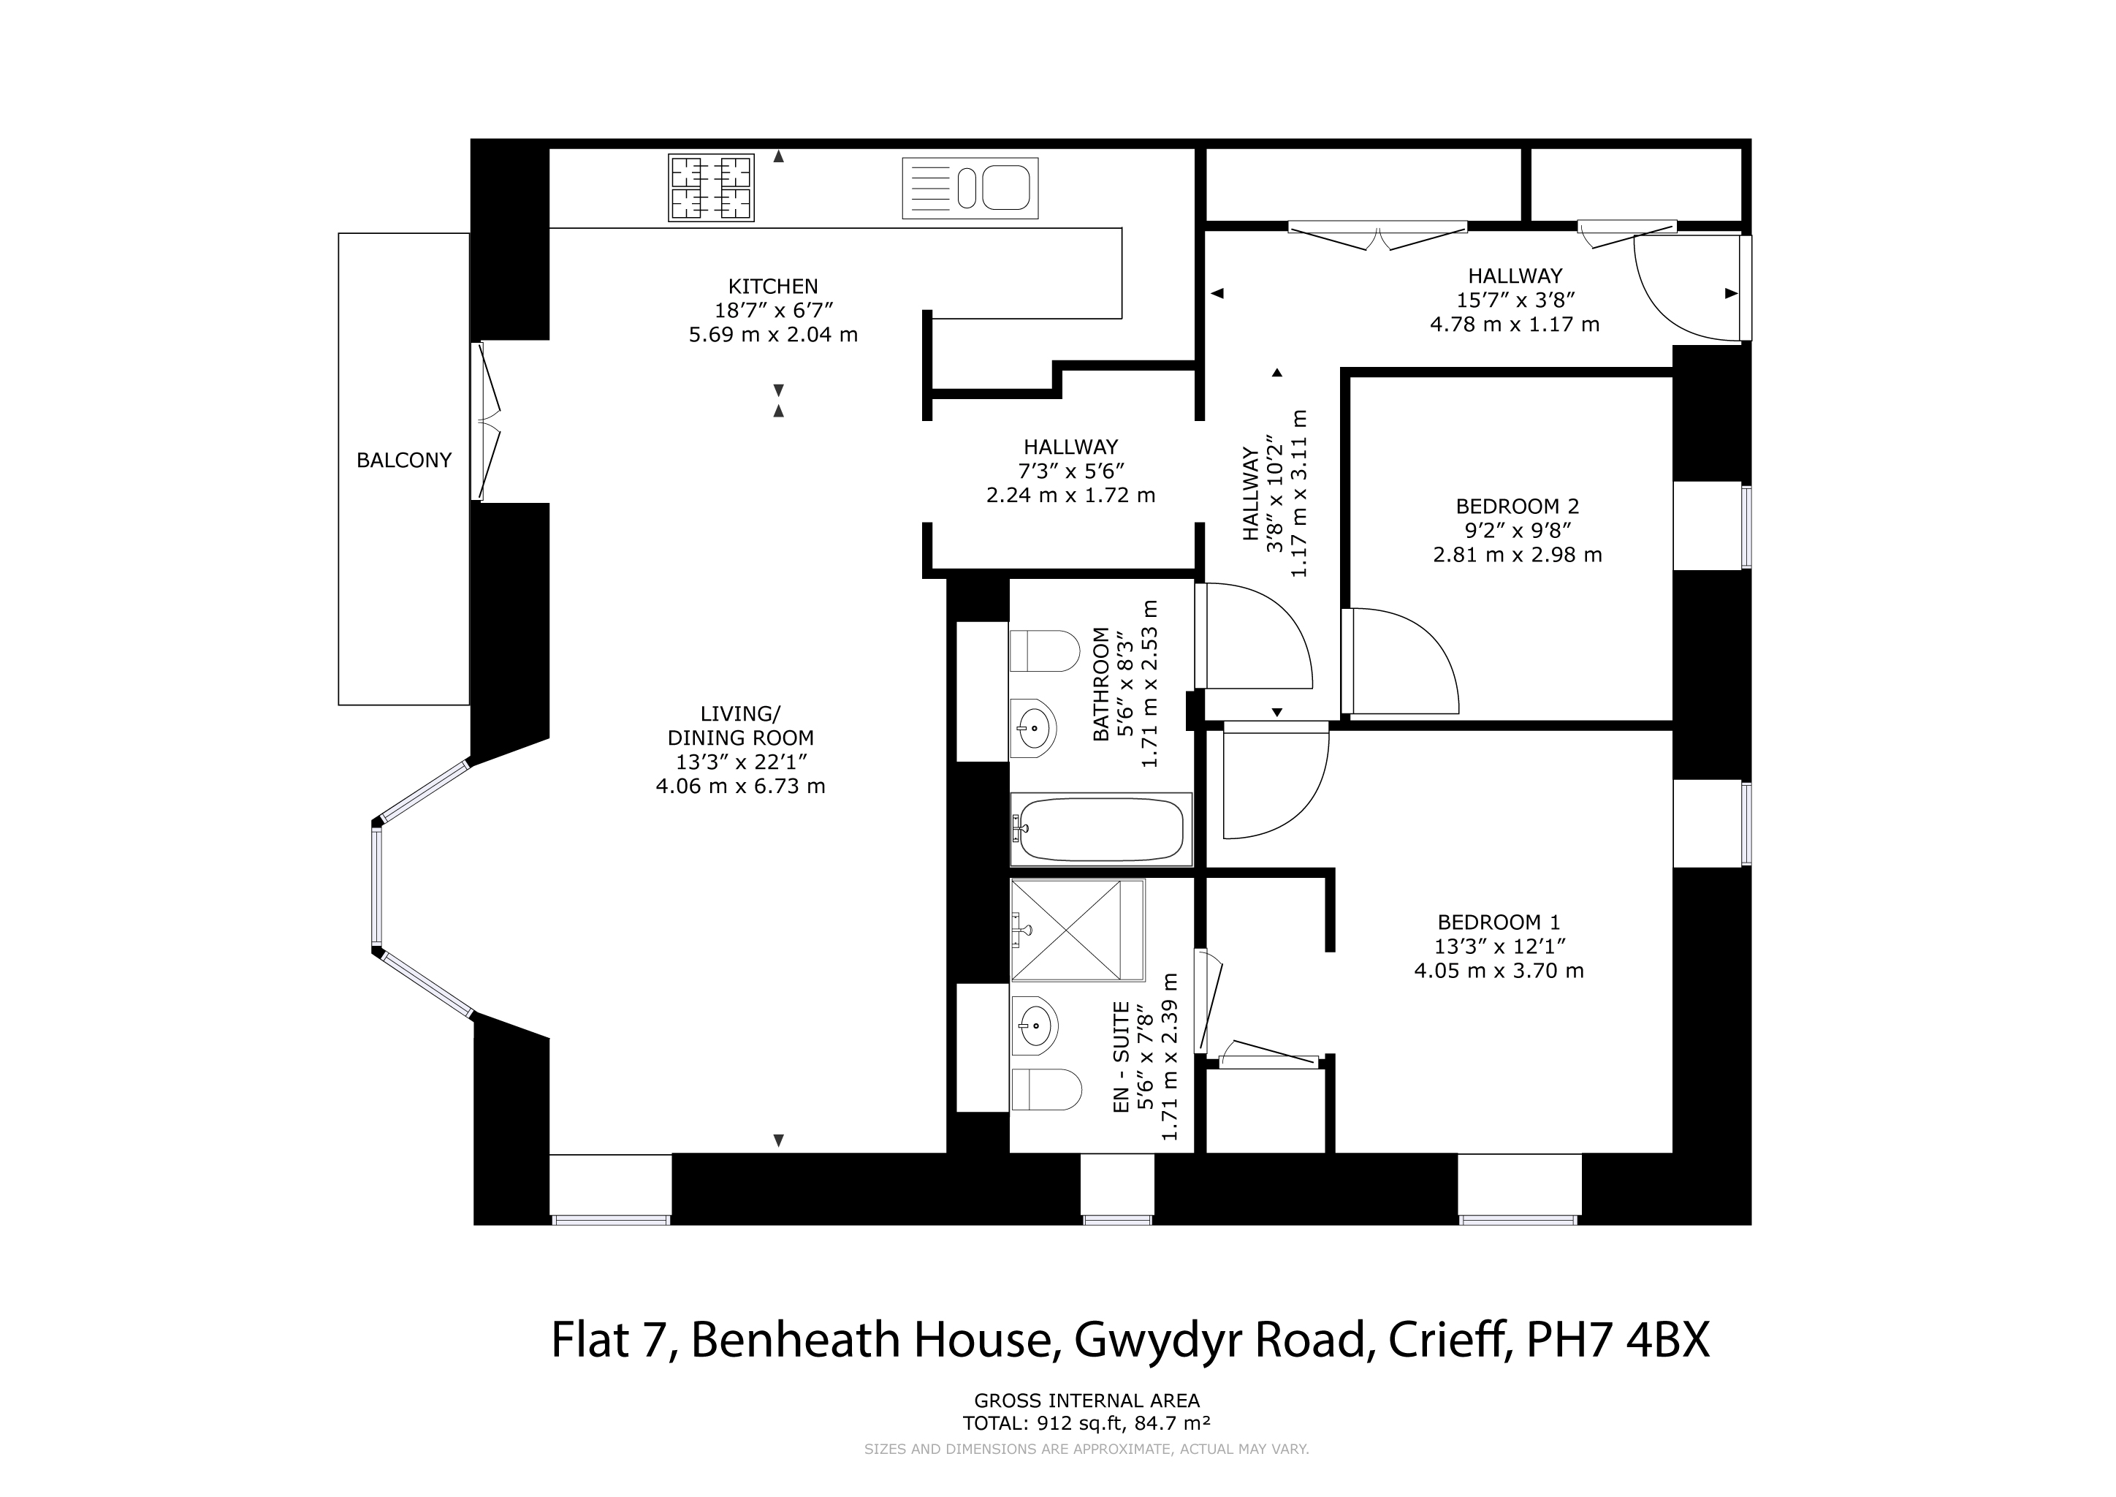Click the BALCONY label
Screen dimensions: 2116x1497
[x=403, y=460]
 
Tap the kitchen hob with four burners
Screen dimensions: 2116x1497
[x=712, y=188]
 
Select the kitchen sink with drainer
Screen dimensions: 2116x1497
[x=970, y=188]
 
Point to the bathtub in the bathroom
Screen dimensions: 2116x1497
[x=1100, y=829]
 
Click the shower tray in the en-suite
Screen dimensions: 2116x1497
[x=1077, y=930]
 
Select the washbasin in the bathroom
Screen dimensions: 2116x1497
[x=1034, y=727]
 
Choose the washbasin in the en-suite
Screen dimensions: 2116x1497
[x=1034, y=1024]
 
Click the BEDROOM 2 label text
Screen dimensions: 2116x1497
[x=1517, y=506]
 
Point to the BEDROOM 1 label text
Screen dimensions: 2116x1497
[x=1499, y=922]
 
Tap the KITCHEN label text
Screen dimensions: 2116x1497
[x=773, y=287]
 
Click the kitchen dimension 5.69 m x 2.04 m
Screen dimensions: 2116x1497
[x=773, y=335]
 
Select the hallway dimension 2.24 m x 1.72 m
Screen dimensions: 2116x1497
[x=1071, y=495]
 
